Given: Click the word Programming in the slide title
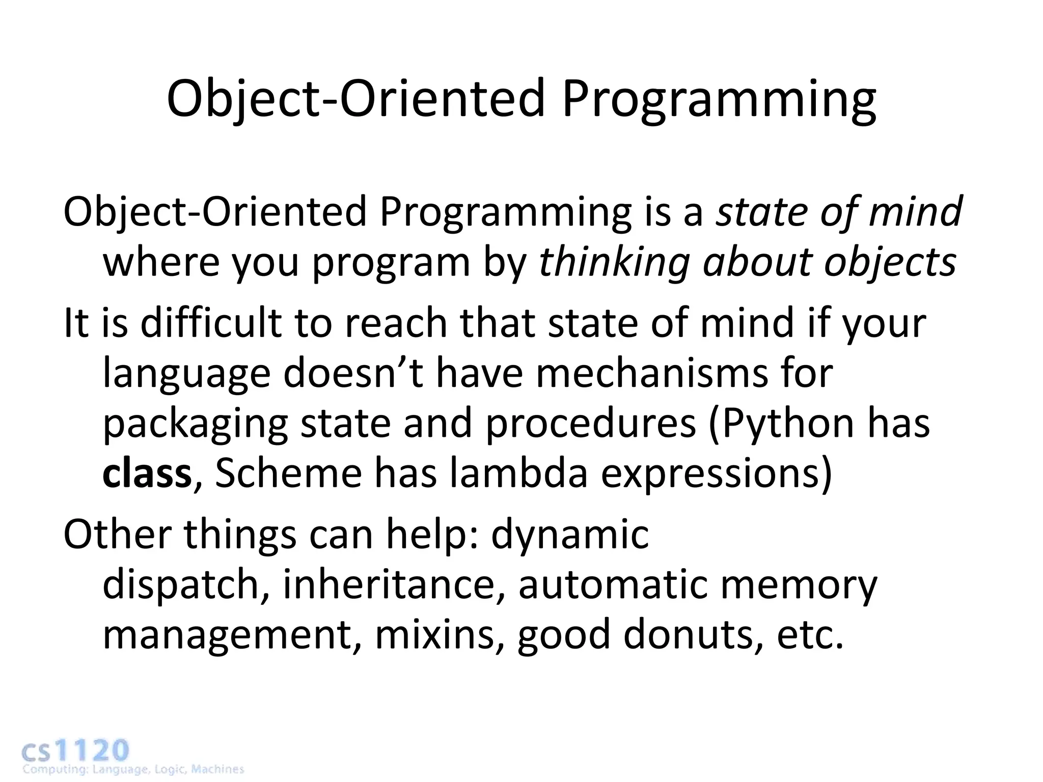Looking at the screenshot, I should (718, 99).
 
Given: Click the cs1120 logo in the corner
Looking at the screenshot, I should (76, 751).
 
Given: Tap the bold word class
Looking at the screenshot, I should (147, 473).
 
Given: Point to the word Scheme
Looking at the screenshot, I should (288, 473).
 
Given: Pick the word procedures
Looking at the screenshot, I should (591, 425).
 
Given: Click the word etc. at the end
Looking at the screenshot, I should (810, 635).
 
